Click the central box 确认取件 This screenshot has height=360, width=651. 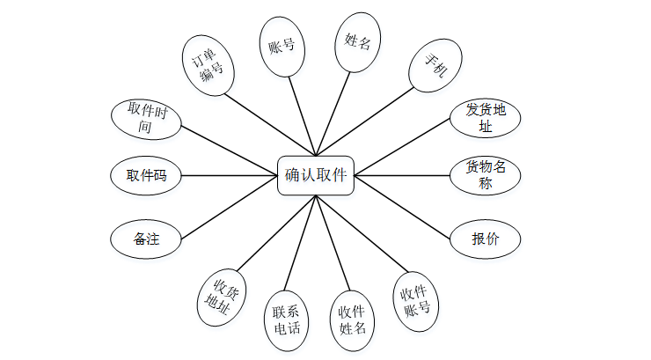point(317,175)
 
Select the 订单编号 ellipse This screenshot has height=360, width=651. point(211,65)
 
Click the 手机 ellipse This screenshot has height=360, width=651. point(432,66)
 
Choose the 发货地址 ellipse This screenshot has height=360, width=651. point(485,118)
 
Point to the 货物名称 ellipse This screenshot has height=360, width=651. point(485,175)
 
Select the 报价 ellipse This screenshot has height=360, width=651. point(485,239)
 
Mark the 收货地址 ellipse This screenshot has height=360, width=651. point(220,297)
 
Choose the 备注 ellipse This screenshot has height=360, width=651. point(146,239)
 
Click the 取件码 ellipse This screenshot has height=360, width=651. point(146,176)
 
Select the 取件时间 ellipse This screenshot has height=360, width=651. point(147,118)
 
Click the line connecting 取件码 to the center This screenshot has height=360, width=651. point(229,176)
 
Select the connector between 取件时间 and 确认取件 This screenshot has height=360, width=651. point(229,147)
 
